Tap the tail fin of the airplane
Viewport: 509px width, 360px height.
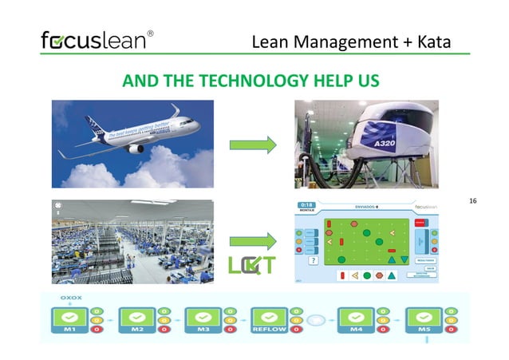point(175,109)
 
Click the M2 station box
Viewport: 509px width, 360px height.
point(136,320)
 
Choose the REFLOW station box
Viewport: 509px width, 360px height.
point(270,320)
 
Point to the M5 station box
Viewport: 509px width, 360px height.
point(424,320)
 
